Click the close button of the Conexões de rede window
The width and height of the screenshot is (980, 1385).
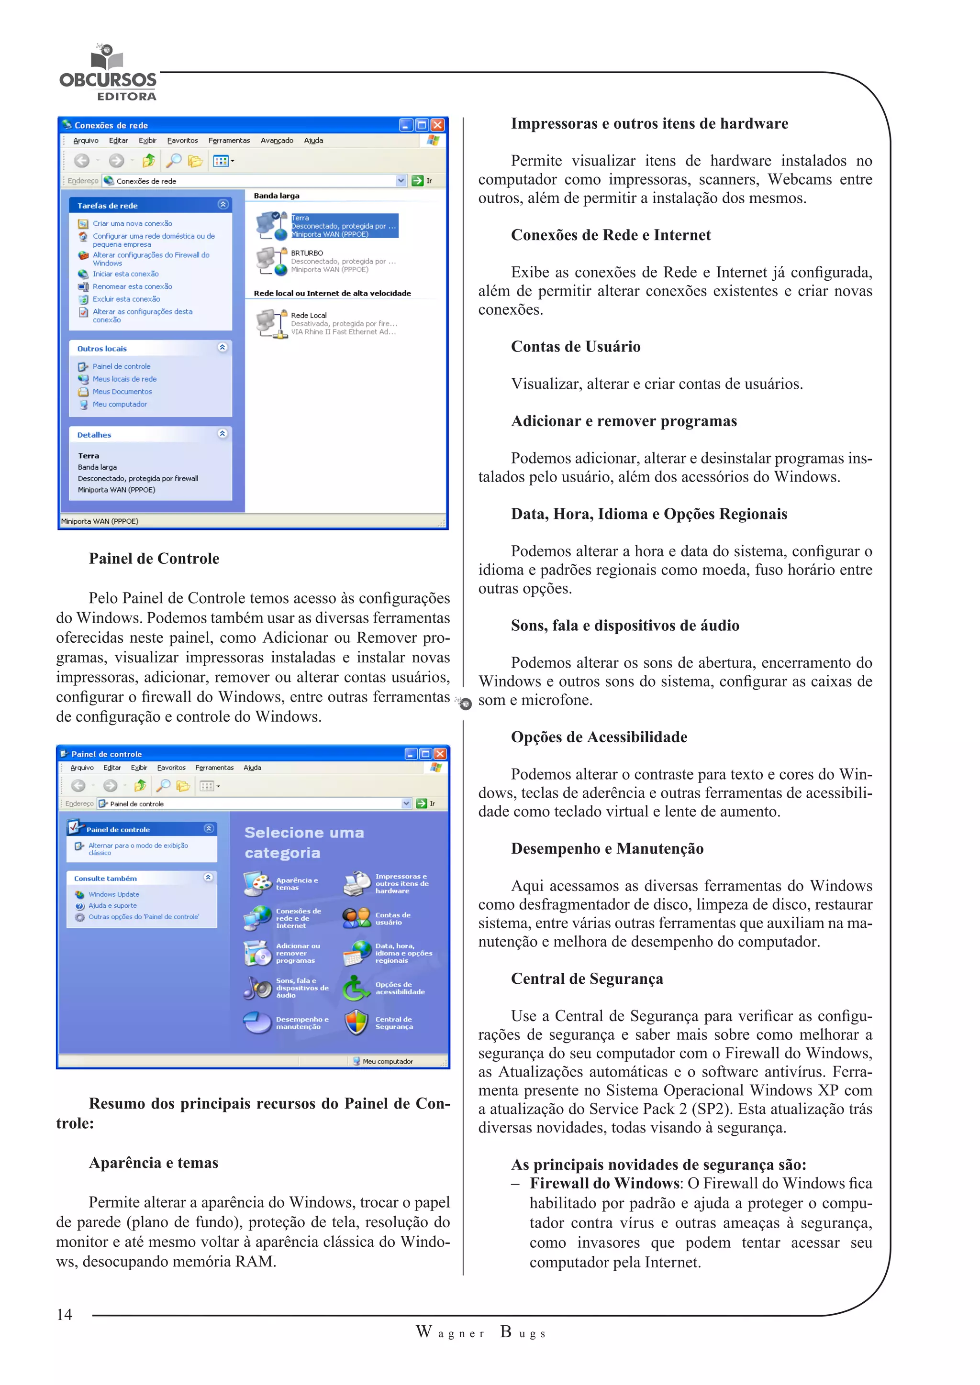pyautogui.click(x=437, y=125)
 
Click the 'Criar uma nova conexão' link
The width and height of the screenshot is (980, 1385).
pyautogui.click(x=132, y=224)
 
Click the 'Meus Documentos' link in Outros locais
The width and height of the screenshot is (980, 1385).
pyautogui.click(x=122, y=392)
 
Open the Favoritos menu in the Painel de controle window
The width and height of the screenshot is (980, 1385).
pyautogui.click(x=171, y=768)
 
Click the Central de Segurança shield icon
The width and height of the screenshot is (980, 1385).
pyautogui.click(x=356, y=1022)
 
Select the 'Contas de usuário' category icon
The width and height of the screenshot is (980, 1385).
pyautogui.click(x=356, y=918)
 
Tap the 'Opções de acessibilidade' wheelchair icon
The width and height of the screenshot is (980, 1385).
pyautogui.click(x=356, y=988)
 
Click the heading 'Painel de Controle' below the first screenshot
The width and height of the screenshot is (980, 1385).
pyautogui.click(x=154, y=559)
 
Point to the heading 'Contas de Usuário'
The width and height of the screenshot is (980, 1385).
pyautogui.click(x=575, y=347)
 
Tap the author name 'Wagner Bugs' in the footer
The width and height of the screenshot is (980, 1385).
pyautogui.click(x=481, y=1332)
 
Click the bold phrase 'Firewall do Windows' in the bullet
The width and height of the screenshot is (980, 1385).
pyautogui.click(x=604, y=1184)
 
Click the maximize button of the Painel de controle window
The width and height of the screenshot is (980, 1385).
pyautogui.click(x=425, y=754)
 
